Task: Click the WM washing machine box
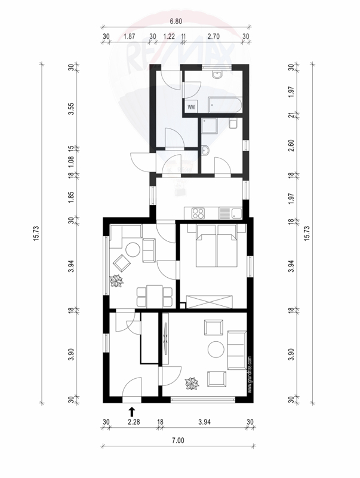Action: (191, 107)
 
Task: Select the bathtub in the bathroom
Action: (224, 105)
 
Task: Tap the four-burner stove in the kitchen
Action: (198, 213)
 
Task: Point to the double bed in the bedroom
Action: (216, 246)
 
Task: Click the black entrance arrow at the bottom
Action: (131, 412)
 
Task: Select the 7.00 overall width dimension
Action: (178, 440)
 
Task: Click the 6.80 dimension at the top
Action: (176, 22)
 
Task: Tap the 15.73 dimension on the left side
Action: (36, 234)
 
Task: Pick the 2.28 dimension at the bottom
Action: (134, 422)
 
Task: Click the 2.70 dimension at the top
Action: (214, 36)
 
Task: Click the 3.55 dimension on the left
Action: (71, 109)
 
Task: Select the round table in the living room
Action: (217, 350)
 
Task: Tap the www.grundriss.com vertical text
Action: (250, 375)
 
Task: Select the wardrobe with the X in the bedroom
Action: (210, 302)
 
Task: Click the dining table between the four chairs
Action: (155, 296)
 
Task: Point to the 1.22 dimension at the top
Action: (169, 36)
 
